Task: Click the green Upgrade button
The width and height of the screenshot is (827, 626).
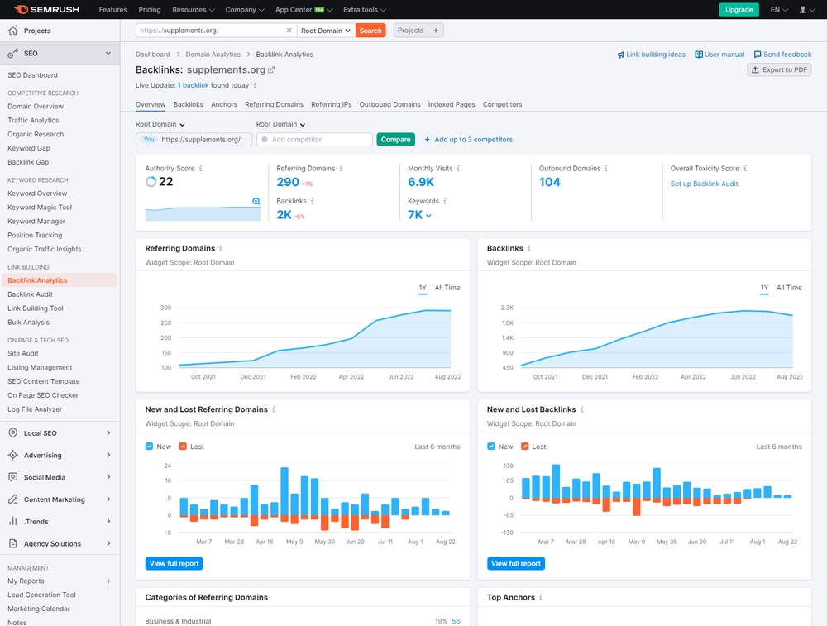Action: click(739, 10)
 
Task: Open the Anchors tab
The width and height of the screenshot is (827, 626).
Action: click(224, 105)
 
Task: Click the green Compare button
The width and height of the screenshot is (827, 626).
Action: click(395, 140)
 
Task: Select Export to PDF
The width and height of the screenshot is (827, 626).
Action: click(778, 70)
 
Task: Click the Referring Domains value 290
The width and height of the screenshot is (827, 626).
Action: click(288, 182)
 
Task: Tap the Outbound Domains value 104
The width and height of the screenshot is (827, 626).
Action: click(550, 182)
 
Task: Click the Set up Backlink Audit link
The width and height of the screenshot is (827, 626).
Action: click(704, 184)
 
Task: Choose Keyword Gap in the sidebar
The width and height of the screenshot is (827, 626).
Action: click(29, 148)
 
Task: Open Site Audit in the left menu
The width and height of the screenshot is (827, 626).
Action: click(23, 353)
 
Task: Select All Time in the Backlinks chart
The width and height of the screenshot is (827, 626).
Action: click(788, 288)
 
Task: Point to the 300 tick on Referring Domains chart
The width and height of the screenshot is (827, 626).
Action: click(166, 308)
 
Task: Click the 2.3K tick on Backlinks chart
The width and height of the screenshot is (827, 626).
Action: click(507, 308)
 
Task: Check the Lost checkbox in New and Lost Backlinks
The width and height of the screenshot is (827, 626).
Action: click(525, 447)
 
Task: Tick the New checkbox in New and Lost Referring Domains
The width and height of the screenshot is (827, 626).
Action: click(150, 447)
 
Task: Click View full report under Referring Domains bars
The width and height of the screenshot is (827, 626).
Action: click(174, 563)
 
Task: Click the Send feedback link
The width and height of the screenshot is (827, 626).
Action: click(782, 55)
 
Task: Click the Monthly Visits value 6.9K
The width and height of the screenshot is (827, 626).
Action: click(421, 182)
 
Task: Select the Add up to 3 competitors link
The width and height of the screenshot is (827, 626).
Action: click(468, 140)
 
